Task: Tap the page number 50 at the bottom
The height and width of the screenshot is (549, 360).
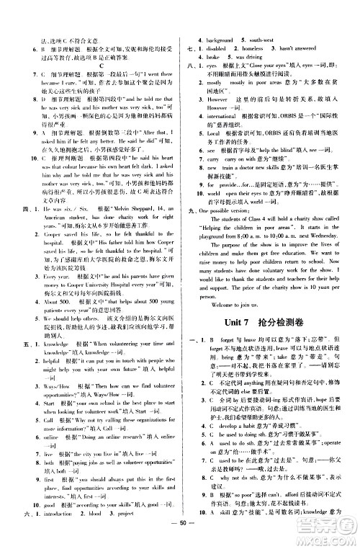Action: click(x=181, y=540)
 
